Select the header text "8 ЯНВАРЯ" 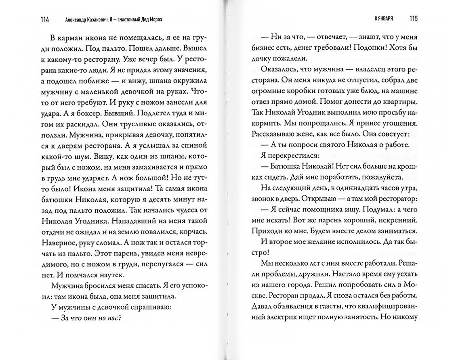pyautogui.click(x=384, y=19)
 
